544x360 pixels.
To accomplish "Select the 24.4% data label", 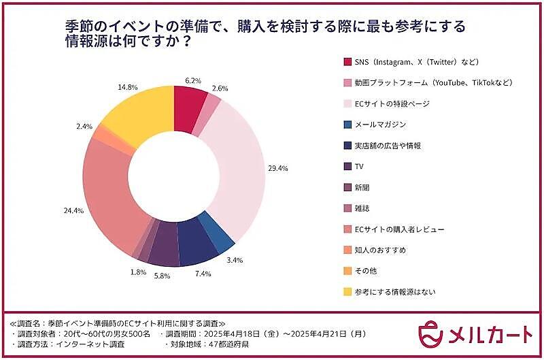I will point(73,211).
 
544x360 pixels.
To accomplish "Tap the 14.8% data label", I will point(109,87).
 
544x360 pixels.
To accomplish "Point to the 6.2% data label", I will point(192,80).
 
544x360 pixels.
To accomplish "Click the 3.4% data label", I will point(252,260).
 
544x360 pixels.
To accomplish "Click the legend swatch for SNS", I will point(347,62).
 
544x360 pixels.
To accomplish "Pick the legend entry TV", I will point(361,166).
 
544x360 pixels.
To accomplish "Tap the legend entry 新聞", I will point(364,187).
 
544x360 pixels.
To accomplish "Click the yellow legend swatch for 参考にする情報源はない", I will point(347,292).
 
